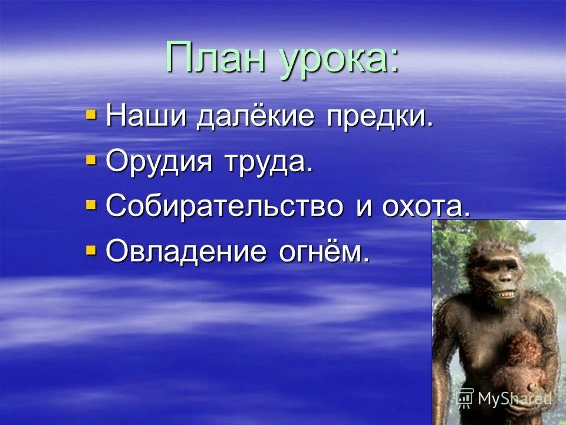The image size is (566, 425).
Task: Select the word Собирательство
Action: pyautogui.click(x=225, y=206)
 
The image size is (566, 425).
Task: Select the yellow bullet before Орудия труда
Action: pyautogui.click(x=91, y=159)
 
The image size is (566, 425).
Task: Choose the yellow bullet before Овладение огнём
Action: pyautogui.click(x=91, y=250)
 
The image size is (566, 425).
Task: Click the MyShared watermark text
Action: pyautogui.click(x=514, y=398)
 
